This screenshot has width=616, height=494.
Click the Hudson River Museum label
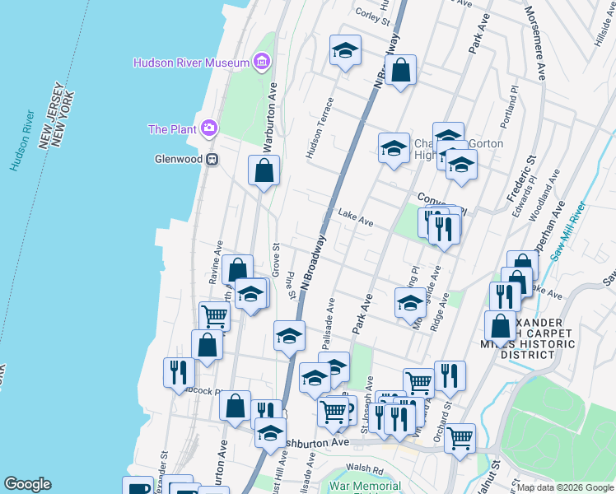coord(192,63)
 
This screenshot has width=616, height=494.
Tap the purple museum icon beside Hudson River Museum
coord(262,62)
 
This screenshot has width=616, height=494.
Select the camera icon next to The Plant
coord(210,128)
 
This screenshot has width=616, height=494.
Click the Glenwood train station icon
coord(212,160)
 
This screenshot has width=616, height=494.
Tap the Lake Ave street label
coord(356,218)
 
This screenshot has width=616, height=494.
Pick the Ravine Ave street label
coord(216,263)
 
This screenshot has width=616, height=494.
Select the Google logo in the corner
coord(27,484)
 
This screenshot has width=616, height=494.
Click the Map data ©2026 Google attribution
coord(565,487)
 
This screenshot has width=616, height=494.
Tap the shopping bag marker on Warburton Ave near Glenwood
coord(264,170)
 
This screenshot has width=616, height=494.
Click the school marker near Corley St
coord(346,50)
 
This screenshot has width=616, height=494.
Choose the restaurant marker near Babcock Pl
coord(179,372)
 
